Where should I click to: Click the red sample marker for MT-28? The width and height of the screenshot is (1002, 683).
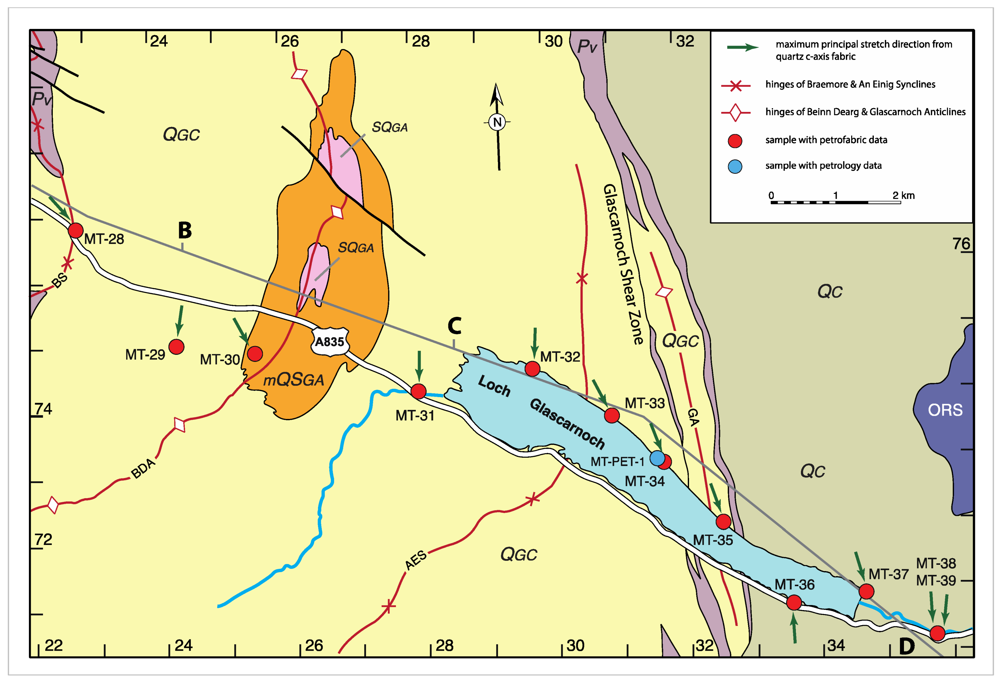pos(75,230)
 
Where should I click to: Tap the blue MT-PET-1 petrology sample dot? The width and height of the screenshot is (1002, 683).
pos(657,458)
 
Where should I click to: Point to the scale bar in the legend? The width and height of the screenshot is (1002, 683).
pos(835,202)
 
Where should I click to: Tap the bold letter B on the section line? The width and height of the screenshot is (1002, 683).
pos(184,230)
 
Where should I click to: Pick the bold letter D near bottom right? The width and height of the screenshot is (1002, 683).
pos(907,646)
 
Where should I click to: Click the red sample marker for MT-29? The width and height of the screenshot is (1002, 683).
pos(176,347)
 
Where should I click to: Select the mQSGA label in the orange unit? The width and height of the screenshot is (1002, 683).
pos(293,380)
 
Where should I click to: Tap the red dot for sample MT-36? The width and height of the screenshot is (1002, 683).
pos(794,602)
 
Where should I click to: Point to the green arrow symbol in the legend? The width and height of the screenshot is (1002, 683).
pos(742,47)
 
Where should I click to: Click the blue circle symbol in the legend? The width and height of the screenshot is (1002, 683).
pos(735,167)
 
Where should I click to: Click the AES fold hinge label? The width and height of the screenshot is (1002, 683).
pos(416,560)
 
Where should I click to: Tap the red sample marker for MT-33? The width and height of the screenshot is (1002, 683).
pos(611,415)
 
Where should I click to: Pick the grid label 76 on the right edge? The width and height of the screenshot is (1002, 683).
pos(961,244)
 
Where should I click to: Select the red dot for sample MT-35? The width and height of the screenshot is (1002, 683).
pos(723,522)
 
